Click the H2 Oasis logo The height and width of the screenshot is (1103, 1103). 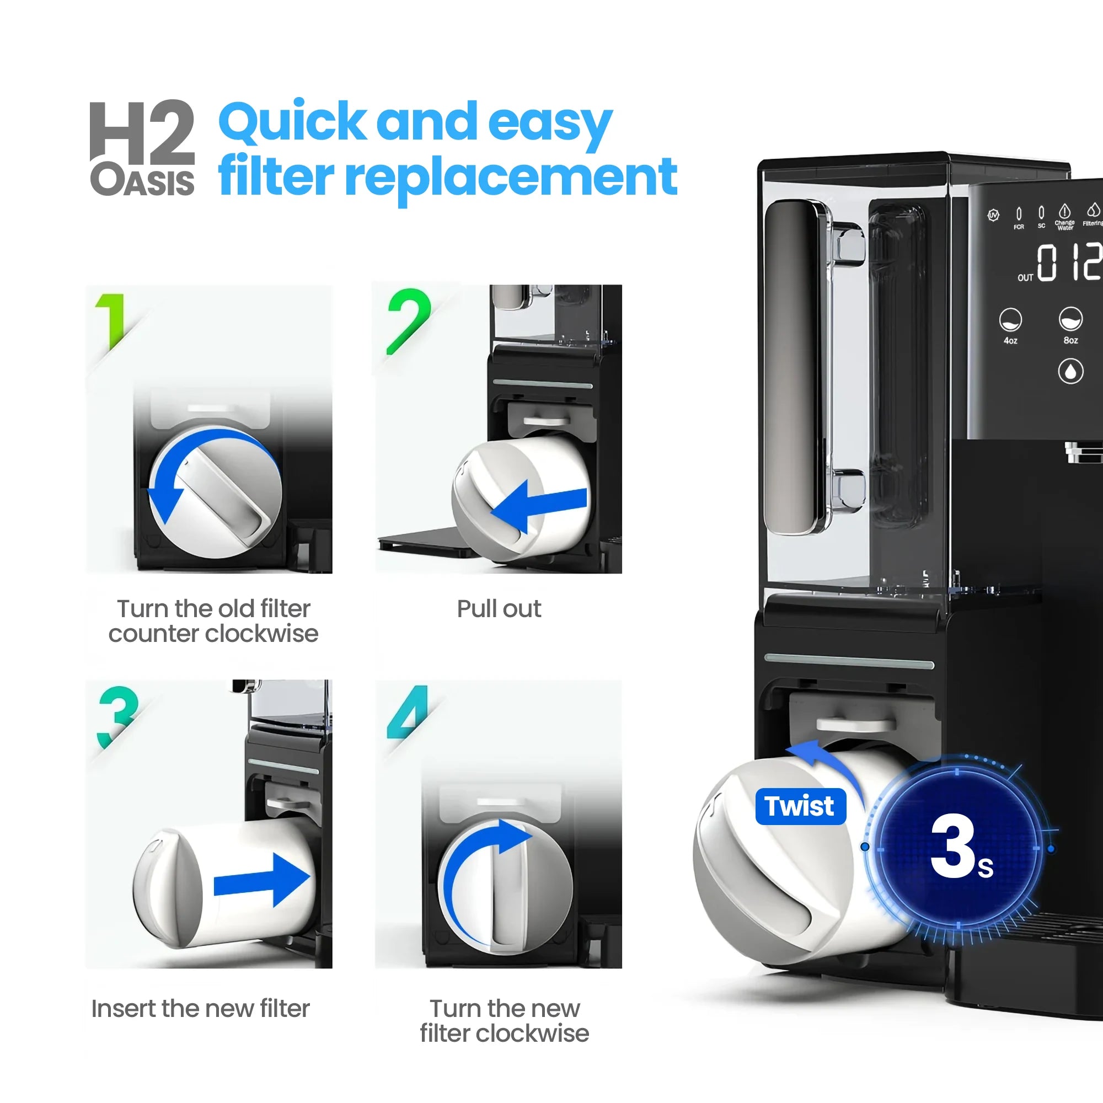click(x=142, y=147)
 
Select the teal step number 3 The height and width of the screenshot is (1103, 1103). click(x=117, y=716)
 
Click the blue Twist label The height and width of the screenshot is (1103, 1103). click(x=800, y=806)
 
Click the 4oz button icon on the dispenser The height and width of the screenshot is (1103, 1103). click(x=1010, y=320)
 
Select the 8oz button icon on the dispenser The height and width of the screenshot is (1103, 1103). click(x=1070, y=320)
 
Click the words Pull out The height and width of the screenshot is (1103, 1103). click(x=499, y=609)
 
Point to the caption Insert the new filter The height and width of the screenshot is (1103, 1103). click(x=200, y=1009)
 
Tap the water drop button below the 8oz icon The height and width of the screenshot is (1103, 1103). click(x=1070, y=372)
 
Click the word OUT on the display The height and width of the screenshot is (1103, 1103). click(x=1025, y=277)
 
